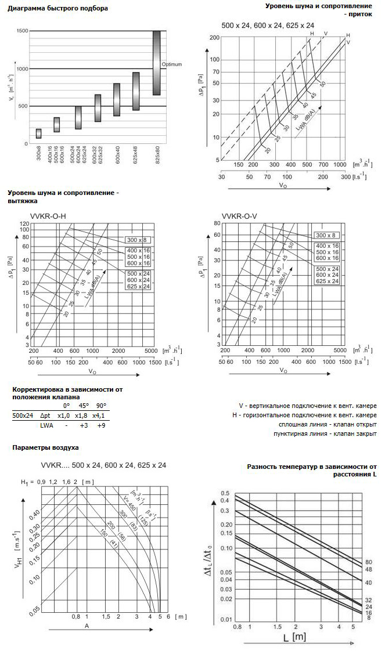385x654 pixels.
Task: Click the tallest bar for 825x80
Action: (x=156, y=63)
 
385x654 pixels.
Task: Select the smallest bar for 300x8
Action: (x=38, y=133)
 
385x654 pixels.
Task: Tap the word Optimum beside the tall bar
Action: (x=172, y=64)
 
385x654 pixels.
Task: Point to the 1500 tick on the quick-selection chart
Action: (x=22, y=31)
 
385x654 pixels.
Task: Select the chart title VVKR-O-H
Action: (x=48, y=216)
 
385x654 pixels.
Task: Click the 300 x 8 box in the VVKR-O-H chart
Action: (x=138, y=240)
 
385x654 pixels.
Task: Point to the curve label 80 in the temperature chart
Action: (x=369, y=562)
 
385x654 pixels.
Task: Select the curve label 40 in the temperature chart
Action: (x=369, y=581)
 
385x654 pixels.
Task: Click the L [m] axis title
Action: (x=294, y=638)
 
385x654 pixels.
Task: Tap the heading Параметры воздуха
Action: (x=45, y=448)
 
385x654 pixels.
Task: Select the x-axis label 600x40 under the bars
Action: (x=117, y=157)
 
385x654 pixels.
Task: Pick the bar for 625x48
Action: (x=136, y=91)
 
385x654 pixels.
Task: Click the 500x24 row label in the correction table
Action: (x=23, y=415)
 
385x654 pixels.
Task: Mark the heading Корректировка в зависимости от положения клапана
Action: (x=66, y=393)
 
